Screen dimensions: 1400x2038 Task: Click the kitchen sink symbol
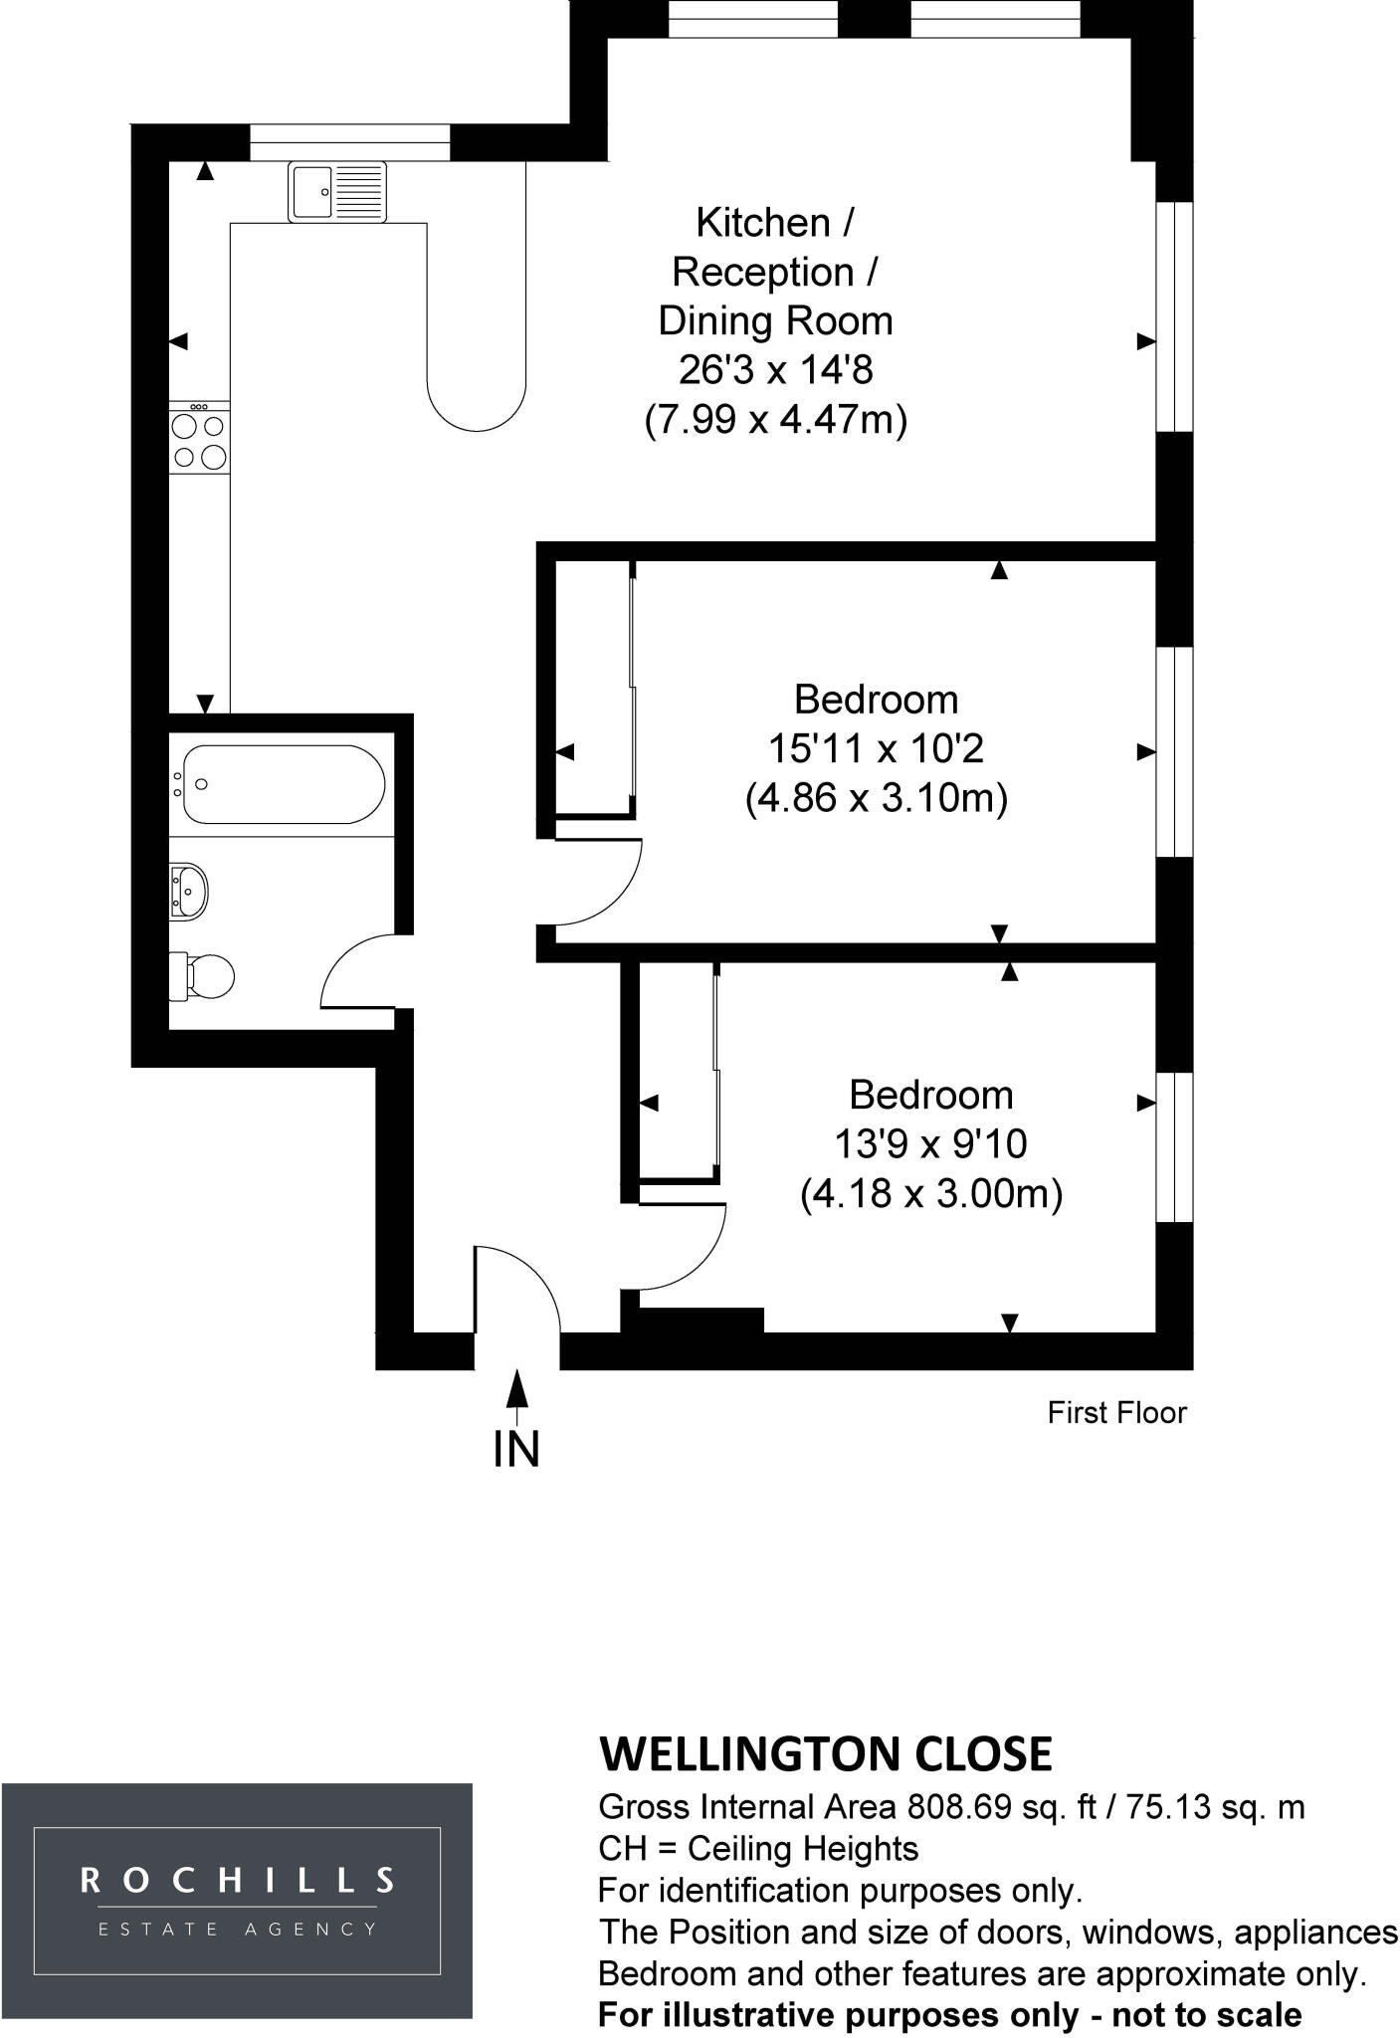337,191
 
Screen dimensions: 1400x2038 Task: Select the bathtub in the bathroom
283,784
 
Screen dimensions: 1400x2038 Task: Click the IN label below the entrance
516,1449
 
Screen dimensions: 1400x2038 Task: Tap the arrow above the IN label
516,1395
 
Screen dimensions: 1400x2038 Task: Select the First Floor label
1116,1412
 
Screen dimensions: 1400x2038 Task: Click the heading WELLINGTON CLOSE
825,1753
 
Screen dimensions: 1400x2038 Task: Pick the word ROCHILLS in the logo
237,1880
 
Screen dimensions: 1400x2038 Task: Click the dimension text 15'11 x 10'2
876,748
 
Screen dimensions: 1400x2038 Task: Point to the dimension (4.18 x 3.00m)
931,1192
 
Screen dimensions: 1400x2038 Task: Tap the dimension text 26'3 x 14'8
775,369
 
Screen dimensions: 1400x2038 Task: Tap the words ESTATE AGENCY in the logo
237,1929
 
